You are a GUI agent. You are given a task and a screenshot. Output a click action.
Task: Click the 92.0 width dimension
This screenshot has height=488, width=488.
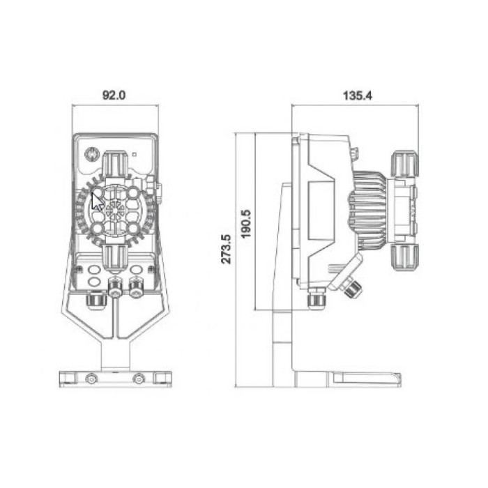pyautogui.click(x=114, y=95)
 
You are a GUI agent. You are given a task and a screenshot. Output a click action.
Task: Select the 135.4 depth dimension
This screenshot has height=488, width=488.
pyautogui.click(x=357, y=96)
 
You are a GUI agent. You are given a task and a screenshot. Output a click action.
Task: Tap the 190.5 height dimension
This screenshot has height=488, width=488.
pyautogui.click(x=246, y=224)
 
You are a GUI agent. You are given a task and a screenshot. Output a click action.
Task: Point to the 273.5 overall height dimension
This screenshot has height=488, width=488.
pyautogui.click(x=227, y=249)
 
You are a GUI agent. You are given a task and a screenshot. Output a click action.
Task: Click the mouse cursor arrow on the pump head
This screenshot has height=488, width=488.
pyautogui.click(x=98, y=201)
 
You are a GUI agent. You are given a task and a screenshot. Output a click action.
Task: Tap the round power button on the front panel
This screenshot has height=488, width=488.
pyautogui.click(x=92, y=154)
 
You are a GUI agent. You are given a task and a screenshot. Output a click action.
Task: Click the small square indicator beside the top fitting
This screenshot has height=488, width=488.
pyautogui.click(x=135, y=154)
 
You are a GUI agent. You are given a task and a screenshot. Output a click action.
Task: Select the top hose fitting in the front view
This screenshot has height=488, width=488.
pyautogui.click(x=115, y=164)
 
